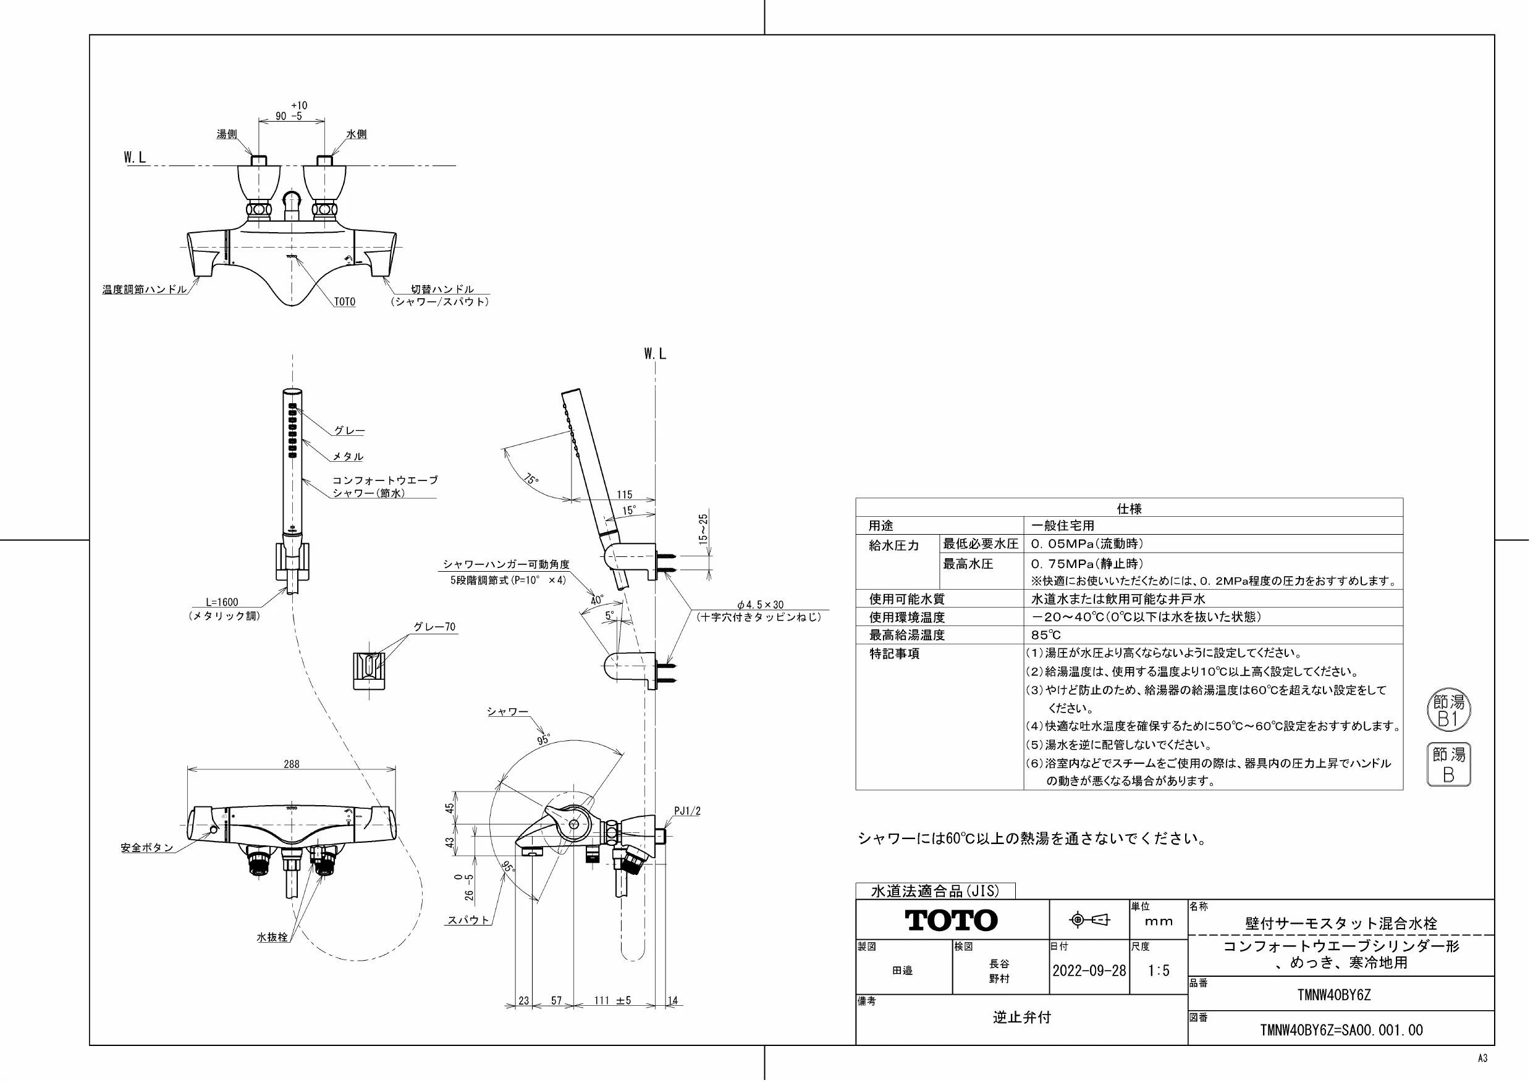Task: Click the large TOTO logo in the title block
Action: click(x=952, y=921)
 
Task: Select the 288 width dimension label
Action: click(x=292, y=764)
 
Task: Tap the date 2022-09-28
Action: click(x=1089, y=970)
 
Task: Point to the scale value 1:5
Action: click(x=1159, y=970)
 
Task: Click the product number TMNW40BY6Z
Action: click(x=1334, y=995)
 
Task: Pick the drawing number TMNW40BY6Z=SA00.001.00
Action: click(x=1341, y=1031)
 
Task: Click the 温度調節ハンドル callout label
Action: click(x=144, y=290)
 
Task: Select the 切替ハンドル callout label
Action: click(x=442, y=289)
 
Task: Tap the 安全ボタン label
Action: click(x=147, y=848)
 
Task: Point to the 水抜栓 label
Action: click(x=272, y=937)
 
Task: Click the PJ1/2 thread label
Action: click(x=688, y=811)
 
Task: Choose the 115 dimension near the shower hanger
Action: click(x=624, y=495)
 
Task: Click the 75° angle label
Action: click(x=531, y=480)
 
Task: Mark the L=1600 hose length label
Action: click(x=222, y=603)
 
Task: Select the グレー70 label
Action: click(x=434, y=627)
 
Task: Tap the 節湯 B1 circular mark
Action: click(x=1449, y=710)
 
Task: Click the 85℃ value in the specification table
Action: click(x=1045, y=635)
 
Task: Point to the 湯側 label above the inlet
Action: click(x=227, y=134)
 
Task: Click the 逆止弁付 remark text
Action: click(x=1021, y=1017)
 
